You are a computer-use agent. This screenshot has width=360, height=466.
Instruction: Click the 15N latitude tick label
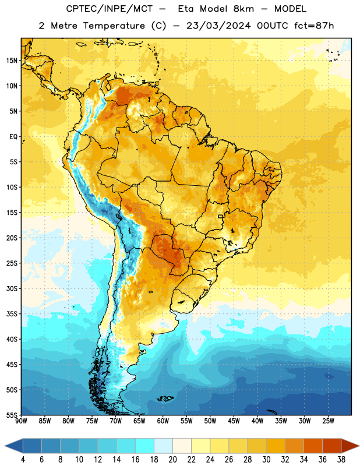point(12,61)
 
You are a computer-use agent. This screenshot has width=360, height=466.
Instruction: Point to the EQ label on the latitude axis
point(13,137)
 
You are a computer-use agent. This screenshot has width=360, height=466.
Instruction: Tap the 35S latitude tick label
point(12,314)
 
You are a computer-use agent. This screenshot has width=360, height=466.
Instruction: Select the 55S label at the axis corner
point(12,415)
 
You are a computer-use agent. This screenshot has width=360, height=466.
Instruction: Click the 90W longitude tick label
point(21,421)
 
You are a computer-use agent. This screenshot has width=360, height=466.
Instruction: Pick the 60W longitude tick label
point(163,421)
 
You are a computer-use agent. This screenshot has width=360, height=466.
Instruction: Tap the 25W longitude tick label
point(328,421)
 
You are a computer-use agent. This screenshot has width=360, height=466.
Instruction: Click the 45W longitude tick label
point(234,421)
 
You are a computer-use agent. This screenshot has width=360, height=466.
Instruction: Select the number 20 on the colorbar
point(172,460)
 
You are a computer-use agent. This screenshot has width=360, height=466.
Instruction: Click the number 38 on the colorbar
point(341,460)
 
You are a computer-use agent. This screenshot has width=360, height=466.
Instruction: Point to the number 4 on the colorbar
point(23,460)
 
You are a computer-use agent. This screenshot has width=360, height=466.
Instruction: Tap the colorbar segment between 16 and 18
point(145,446)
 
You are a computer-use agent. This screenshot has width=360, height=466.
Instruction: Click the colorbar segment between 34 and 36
point(313,446)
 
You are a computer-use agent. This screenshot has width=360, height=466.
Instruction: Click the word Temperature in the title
point(114,26)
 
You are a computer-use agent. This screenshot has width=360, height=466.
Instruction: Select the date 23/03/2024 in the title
point(219,26)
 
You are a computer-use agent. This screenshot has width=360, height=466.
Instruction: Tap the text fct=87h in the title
point(314,26)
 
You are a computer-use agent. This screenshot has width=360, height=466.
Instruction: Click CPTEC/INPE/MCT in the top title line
point(109,9)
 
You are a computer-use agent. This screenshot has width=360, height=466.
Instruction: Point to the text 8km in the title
point(243,9)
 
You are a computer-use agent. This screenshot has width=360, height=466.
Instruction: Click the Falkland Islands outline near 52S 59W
point(165,398)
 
